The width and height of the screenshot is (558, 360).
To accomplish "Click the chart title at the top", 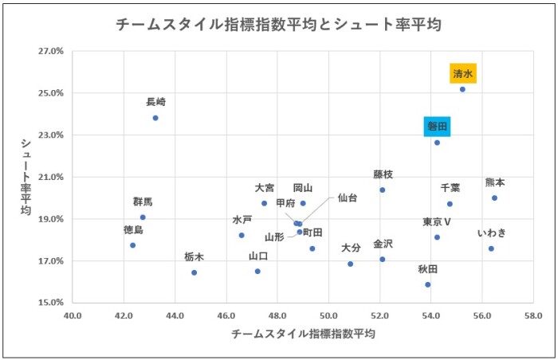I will point(278,25).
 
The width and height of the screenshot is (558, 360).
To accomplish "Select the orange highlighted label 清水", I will point(463,73).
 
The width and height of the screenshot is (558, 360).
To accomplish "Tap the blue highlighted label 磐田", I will point(437,126).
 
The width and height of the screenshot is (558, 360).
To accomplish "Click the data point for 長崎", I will point(155,118).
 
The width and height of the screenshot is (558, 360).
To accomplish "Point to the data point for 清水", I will point(462,89).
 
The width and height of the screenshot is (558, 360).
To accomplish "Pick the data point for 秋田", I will point(428,284).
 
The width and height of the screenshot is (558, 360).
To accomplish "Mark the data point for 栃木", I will point(194,272).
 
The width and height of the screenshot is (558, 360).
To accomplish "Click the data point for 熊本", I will point(494,198).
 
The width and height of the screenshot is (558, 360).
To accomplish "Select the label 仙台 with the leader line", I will point(348,197).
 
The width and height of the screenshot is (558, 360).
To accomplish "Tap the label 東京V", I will point(437,221).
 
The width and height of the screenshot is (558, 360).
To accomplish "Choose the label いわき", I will point(491,233).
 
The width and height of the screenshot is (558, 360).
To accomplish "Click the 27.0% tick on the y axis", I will point(50,51).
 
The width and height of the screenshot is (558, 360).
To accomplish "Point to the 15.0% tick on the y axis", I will point(50,303).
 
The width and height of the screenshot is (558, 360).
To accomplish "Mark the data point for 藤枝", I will point(383,190).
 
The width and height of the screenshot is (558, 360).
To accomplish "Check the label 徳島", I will point(133,230).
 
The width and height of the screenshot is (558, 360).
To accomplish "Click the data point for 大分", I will point(350,264).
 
